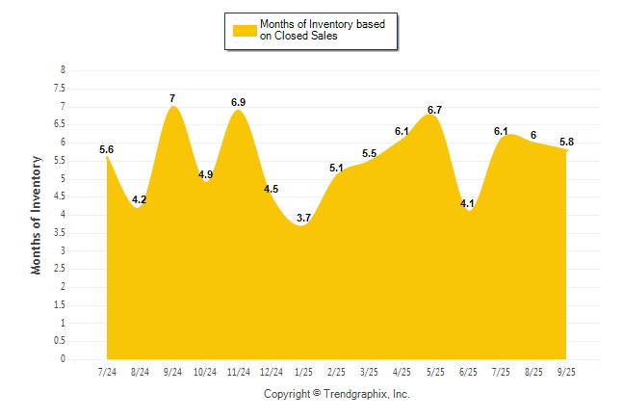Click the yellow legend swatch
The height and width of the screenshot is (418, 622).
[x=245, y=30]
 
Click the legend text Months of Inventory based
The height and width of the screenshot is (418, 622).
[x=324, y=23]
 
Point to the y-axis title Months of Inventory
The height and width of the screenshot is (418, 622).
[x=37, y=215]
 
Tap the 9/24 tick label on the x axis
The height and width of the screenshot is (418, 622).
[x=173, y=371]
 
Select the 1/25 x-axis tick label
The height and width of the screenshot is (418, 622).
[x=304, y=371]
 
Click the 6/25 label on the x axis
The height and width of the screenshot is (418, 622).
[x=468, y=371]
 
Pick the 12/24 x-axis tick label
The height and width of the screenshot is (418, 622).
[x=271, y=371]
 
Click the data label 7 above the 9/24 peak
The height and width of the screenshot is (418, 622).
[x=172, y=98]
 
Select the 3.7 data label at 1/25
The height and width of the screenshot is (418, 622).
[x=303, y=218]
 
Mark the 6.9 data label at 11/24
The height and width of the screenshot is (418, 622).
[x=239, y=102]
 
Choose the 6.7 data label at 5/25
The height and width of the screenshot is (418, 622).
[x=434, y=109]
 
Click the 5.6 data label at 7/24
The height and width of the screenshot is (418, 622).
[x=107, y=149]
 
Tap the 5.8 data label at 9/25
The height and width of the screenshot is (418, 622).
[x=566, y=142]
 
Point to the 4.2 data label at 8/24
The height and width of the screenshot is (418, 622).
[x=140, y=199]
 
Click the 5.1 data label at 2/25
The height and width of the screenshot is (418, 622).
[x=336, y=168]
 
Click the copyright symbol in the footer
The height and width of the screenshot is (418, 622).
[x=318, y=394]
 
